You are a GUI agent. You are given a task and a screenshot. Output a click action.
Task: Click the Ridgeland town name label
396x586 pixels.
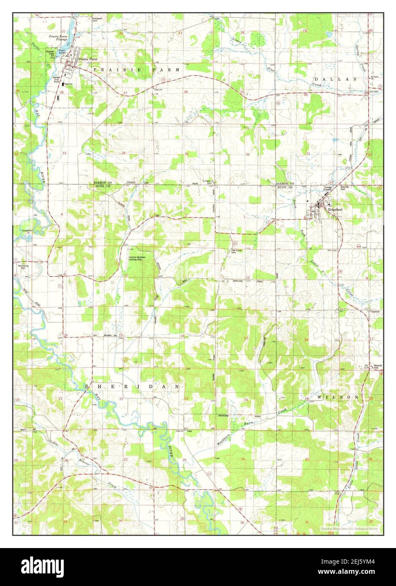click(334, 210)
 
